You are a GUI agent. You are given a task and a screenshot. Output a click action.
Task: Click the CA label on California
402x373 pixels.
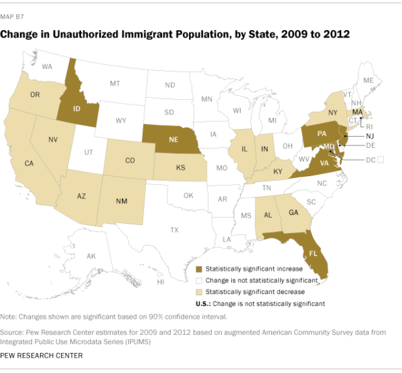(29, 163)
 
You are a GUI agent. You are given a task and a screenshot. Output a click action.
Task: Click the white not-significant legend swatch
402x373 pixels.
(199, 281)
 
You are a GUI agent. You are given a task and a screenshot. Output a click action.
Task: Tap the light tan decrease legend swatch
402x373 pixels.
(199, 292)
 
